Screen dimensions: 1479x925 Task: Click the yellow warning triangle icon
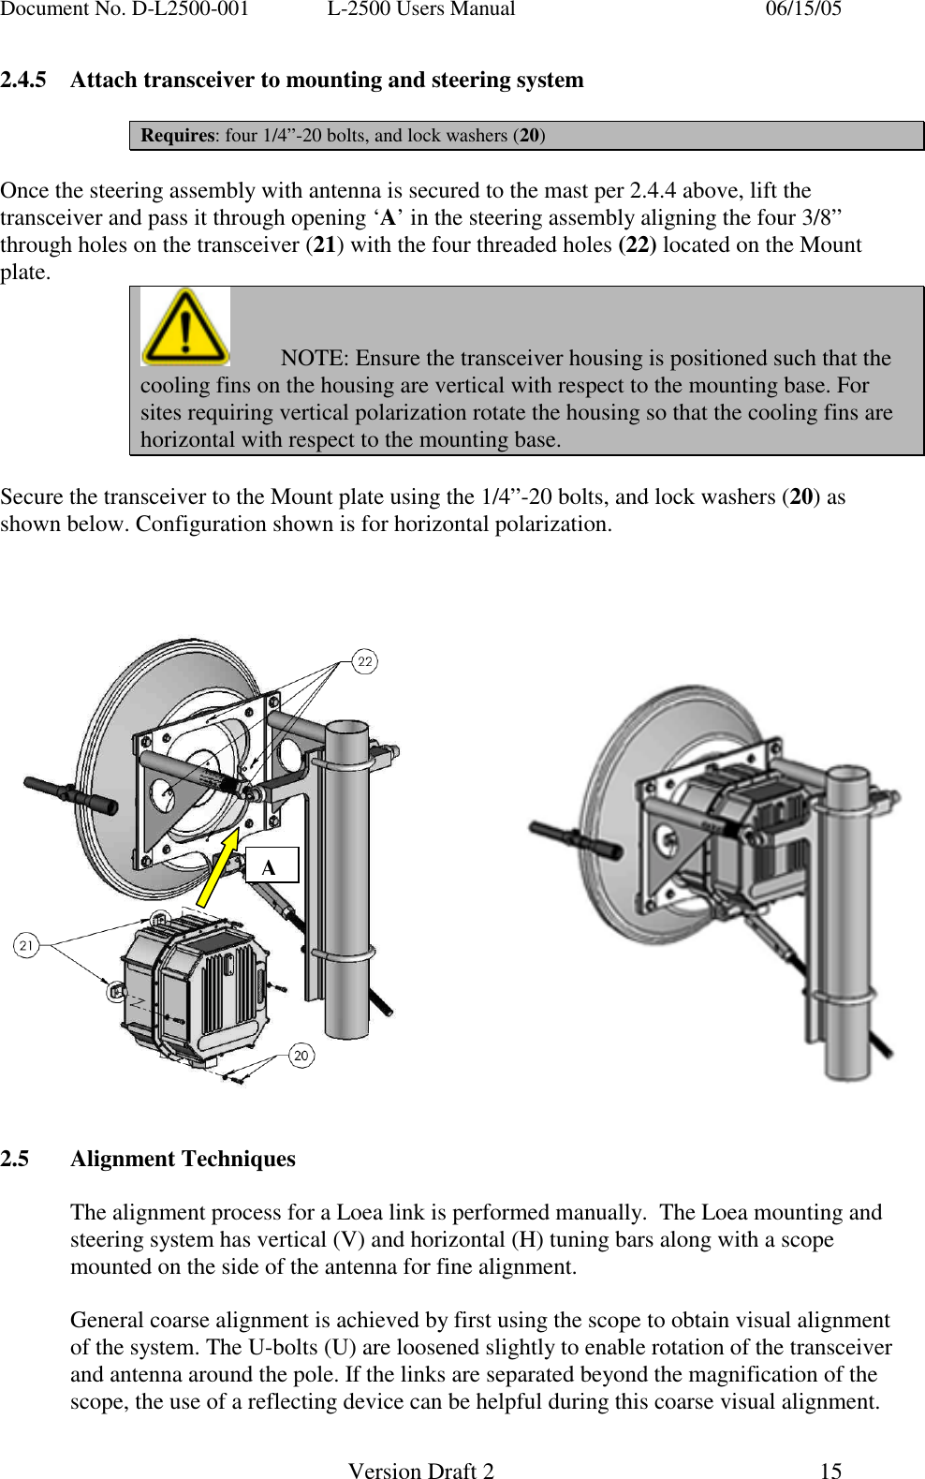pos(184,327)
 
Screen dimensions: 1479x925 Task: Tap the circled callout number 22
pos(365,661)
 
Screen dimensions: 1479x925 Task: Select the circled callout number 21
pos(25,945)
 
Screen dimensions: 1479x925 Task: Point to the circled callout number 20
pos(301,1056)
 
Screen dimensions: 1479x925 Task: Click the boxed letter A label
pos(271,865)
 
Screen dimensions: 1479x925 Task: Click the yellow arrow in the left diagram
pos(219,867)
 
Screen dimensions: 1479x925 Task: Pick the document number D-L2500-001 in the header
pos(125,9)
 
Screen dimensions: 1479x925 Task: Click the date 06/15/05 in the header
pos(803,9)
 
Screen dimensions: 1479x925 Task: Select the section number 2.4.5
pos(23,80)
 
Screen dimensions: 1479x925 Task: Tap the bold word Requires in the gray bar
pos(177,135)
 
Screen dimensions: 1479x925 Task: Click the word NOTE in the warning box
pos(314,358)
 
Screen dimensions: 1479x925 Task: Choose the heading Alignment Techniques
pos(183,1159)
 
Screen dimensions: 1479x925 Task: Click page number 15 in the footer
pos(830,1471)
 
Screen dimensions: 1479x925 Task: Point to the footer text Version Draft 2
pos(420,1471)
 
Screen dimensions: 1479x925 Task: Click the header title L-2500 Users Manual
pos(420,9)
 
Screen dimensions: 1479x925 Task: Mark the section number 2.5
pos(15,1159)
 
